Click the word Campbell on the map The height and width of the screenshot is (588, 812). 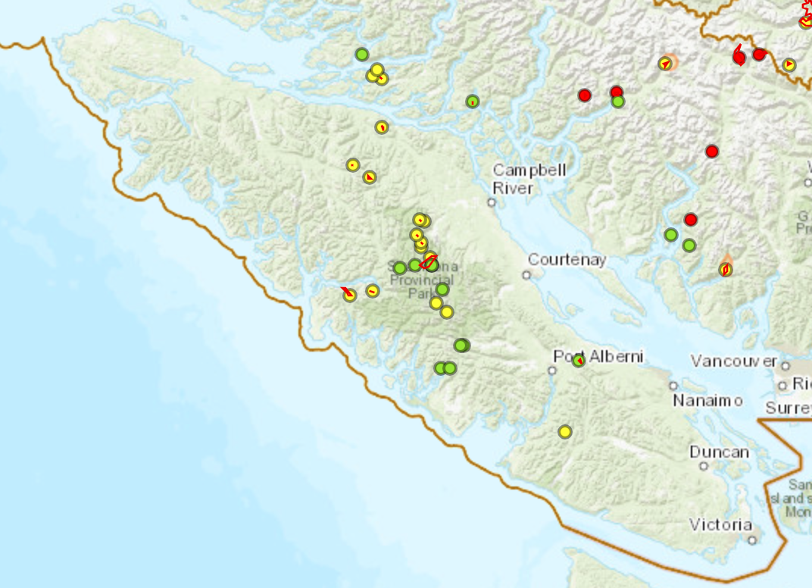(x=529, y=170)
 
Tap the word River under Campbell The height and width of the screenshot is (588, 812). (x=513, y=188)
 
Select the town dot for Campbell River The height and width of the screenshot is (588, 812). (x=492, y=202)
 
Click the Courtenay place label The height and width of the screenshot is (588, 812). (x=567, y=260)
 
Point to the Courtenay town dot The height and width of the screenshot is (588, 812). (x=526, y=275)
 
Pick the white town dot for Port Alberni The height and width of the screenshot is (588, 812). (x=552, y=371)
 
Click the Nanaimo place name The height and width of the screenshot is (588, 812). (x=707, y=400)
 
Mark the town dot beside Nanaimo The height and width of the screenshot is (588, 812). (x=673, y=386)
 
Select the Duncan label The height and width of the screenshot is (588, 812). (x=719, y=452)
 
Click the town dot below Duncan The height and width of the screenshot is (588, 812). (x=704, y=466)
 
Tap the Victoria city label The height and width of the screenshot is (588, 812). (x=720, y=524)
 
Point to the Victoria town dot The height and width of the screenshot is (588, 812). (x=752, y=540)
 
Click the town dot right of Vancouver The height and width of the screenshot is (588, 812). (x=785, y=367)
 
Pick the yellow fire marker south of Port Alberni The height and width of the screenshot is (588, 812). (x=564, y=432)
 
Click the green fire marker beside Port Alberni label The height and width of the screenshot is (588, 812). (x=579, y=361)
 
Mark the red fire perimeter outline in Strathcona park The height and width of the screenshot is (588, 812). (x=429, y=263)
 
